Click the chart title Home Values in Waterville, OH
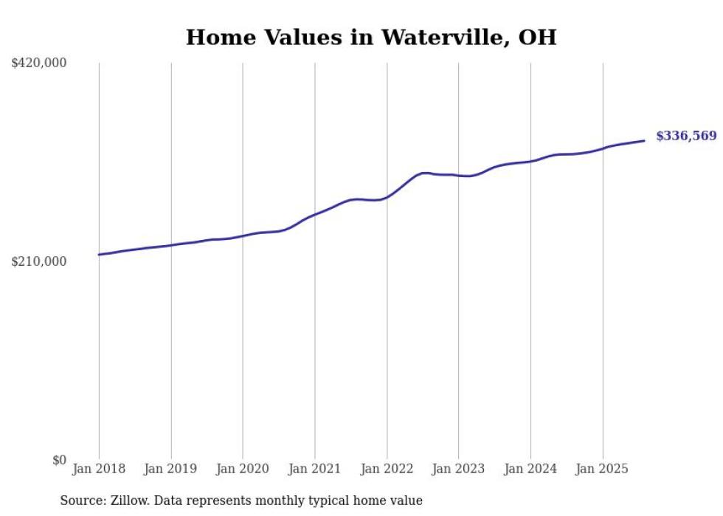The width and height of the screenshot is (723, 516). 370,37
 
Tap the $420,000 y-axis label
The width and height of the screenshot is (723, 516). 39,63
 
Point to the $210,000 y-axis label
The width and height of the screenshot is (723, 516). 39,261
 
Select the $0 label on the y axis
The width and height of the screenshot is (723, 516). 59,460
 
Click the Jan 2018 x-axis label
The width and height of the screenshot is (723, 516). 99,469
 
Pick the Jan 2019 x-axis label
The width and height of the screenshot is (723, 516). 171,469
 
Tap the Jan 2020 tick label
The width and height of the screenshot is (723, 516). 243,469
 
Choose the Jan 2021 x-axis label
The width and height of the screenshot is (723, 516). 315,469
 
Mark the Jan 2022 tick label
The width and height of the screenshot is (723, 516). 387,469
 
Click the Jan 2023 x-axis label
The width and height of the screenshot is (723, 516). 459,469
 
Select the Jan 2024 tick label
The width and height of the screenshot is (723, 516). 530,469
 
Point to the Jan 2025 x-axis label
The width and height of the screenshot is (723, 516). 603,469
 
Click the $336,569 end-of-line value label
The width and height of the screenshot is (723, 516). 686,136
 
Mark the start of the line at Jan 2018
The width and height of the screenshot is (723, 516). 99,255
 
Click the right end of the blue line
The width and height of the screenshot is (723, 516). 645,140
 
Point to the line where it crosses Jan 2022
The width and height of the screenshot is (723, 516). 387,197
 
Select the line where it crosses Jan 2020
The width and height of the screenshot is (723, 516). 243,236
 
